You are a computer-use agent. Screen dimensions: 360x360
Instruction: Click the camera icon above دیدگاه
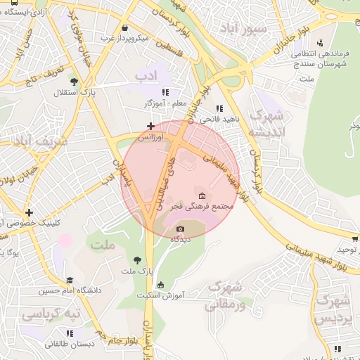pyautogui.click(x=180, y=229)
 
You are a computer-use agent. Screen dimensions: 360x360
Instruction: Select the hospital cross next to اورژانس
pyautogui.click(x=150, y=127)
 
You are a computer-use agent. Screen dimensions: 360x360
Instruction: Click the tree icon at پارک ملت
pyautogui.click(x=137, y=261)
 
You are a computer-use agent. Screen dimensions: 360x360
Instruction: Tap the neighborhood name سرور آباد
pyautogui.click(x=243, y=29)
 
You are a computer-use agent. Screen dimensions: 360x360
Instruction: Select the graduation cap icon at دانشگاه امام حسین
pyautogui.click(x=69, y=279)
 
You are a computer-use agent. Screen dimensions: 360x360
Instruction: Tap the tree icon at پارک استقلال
pyautogui.click(x=75, y=91)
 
